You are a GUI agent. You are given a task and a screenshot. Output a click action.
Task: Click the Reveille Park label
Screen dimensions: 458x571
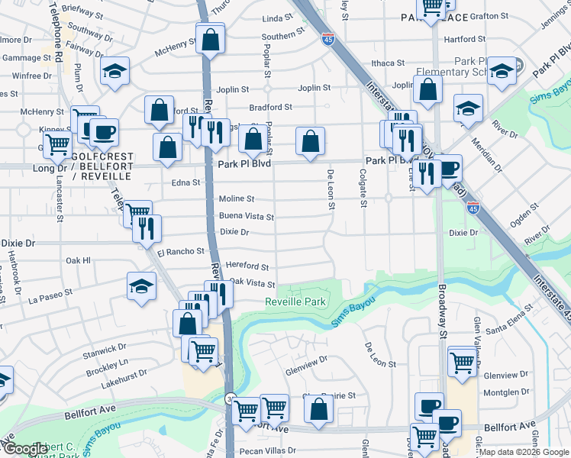pos(295,302)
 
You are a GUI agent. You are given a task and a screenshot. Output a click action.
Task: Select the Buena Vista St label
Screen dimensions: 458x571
pos(247,217)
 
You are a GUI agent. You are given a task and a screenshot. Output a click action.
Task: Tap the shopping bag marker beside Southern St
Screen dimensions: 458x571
pos(210,39)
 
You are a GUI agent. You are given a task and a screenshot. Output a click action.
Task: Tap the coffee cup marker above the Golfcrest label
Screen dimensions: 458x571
pos(103,133)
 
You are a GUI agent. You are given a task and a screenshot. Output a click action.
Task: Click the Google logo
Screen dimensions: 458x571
pos(24,450)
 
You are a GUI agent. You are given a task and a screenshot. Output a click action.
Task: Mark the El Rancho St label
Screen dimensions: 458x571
pos(181,250)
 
